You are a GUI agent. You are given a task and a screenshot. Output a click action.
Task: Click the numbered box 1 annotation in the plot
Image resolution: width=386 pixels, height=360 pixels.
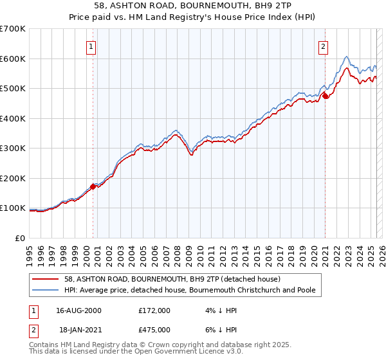91,46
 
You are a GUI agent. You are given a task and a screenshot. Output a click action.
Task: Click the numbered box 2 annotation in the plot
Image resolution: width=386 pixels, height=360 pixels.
322,46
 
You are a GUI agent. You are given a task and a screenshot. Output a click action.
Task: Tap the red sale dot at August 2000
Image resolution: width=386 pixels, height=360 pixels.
93,186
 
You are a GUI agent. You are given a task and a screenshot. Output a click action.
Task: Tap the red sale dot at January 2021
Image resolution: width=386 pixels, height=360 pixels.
326,96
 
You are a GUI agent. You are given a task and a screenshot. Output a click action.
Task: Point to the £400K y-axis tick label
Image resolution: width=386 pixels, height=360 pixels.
14,118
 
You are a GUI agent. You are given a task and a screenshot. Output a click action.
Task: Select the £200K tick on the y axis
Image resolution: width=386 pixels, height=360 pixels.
14,178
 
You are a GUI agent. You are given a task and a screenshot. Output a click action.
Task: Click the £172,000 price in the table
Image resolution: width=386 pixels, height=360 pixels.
154,310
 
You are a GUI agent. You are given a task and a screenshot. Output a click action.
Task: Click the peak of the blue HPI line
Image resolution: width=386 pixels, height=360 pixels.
347,57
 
